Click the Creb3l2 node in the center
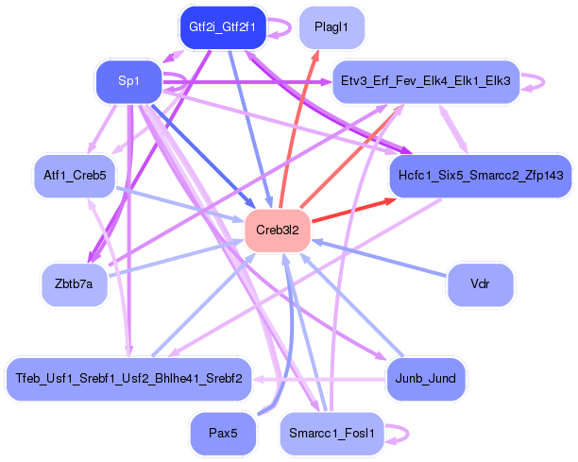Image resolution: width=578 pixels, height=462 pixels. click(278, 230)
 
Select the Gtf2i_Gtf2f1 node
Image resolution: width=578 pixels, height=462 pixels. click(222, 26)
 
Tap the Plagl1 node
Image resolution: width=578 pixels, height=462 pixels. click(331, 27)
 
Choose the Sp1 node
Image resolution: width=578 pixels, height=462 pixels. click(129, 82)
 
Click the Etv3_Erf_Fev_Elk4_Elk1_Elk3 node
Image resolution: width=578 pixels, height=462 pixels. click(424, 82)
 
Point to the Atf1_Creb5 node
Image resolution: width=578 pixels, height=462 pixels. click(74, 175)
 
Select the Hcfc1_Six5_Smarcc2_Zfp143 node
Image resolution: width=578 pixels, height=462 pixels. click(481, 176)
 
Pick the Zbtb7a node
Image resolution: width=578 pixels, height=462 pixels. click(74, 285)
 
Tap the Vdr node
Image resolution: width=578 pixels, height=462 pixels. click(480, 284)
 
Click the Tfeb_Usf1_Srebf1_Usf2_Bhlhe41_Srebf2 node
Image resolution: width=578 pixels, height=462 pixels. click(128, 378)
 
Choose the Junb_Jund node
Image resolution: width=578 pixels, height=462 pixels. click(426, 378)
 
